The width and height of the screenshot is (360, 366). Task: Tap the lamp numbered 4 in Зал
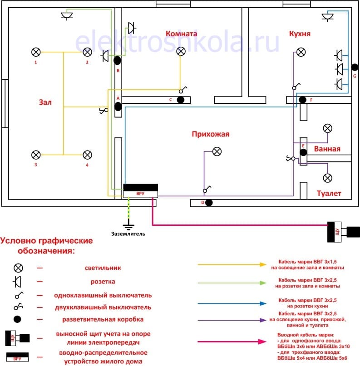tap(87, 155)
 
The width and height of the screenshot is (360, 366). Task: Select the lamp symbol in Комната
tap(181, 51)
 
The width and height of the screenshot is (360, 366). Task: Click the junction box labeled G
tap(355, 68)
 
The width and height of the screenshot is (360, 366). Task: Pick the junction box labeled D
tap(209, 202)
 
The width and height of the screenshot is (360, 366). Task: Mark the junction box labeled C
tap(180, 100)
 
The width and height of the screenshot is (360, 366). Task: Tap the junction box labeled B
tap(117, 60)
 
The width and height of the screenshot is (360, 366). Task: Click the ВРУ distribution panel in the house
tap(140, 190)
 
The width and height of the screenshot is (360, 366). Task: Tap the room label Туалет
tap(329, 194)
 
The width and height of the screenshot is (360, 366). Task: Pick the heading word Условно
tap(23, 240)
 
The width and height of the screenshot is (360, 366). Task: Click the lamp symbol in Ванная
tap(327, 128)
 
